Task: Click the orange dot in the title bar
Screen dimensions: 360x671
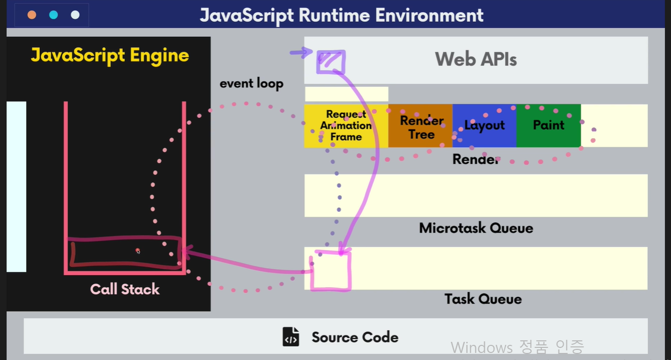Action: [x=32, y=15]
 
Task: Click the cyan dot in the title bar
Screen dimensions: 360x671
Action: [x=53, y=15]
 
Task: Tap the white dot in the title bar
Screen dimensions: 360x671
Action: [x=75, y=15]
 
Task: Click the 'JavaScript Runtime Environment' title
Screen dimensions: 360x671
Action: [x=342, y=15]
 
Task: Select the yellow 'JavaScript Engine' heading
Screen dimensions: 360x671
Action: [x=110, y=55]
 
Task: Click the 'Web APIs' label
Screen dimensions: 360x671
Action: [x=476, y=59]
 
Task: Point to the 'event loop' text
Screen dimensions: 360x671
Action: [x=251, y=83]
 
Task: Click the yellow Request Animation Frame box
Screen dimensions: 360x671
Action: [x=346, y=126]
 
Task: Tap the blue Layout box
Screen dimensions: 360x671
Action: [x=484, y=126]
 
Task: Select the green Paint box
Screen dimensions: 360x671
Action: [x=548, y=125]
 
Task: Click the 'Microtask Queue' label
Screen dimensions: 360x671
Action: [x=476, y=228]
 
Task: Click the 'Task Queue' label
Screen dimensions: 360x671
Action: [x=483, y=298]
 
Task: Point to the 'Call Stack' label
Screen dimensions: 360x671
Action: [x=125, y=289]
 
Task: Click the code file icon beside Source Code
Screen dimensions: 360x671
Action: [x=291, y=337]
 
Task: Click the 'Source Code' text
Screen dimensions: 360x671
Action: [x=355, y=337]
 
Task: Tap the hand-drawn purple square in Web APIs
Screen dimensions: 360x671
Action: [x=330, y=62]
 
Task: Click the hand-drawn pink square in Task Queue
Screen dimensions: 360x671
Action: [x=330, y=271]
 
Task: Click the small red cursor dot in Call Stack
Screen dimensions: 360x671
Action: [x=137, y=250]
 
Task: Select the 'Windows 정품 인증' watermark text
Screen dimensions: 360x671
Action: [x=517, y=347]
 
